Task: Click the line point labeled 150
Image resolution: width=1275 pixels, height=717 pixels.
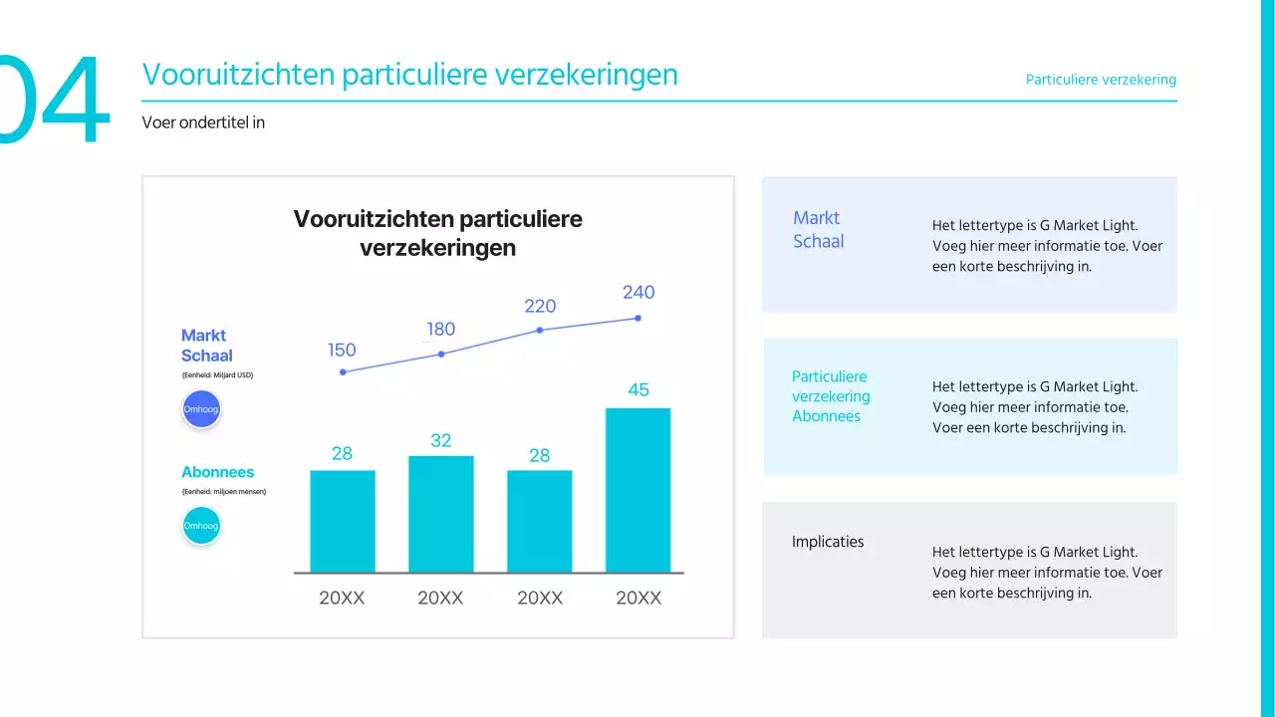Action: [x=343, y=371]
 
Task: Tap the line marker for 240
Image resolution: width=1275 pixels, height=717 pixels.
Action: [x=637, y=319]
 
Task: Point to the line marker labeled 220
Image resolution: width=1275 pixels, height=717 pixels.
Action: [x=540, y=330]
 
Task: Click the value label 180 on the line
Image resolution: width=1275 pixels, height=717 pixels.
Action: [x=440, y=330]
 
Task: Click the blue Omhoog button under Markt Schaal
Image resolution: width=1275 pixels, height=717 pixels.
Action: [x=201, y=409]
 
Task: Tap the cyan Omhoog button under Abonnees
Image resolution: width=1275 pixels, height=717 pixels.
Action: [x=201, y=526]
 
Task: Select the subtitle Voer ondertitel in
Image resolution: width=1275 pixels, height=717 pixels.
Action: [x=203, y=122]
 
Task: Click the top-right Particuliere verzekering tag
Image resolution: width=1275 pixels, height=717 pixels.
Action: [x=1101, y=80]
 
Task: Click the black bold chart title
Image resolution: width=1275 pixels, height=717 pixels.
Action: [x=437, y=233]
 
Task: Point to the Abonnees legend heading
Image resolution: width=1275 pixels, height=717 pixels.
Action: [x=217, y=472]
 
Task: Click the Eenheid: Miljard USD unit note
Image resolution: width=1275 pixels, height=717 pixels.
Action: [x=217, y=375]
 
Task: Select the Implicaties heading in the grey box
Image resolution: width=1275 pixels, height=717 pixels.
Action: [x=828, y=542]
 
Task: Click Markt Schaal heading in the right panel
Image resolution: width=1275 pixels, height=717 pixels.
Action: [x=818, y=229]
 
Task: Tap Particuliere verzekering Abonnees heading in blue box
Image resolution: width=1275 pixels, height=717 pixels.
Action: [x=831, y=396]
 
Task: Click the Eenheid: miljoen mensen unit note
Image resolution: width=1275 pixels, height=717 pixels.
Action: [x=223, y=492]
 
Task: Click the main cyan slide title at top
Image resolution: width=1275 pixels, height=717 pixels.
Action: [x=409, y=75]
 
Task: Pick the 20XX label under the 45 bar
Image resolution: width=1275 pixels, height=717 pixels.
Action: [x=637, y=598]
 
